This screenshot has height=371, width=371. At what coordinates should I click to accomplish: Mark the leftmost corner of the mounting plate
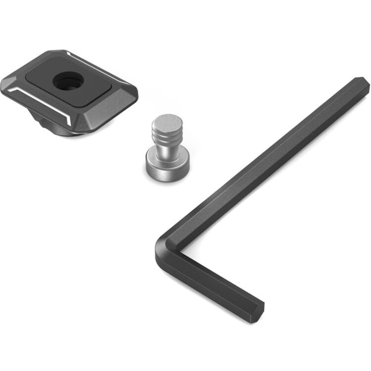[3, 83]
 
